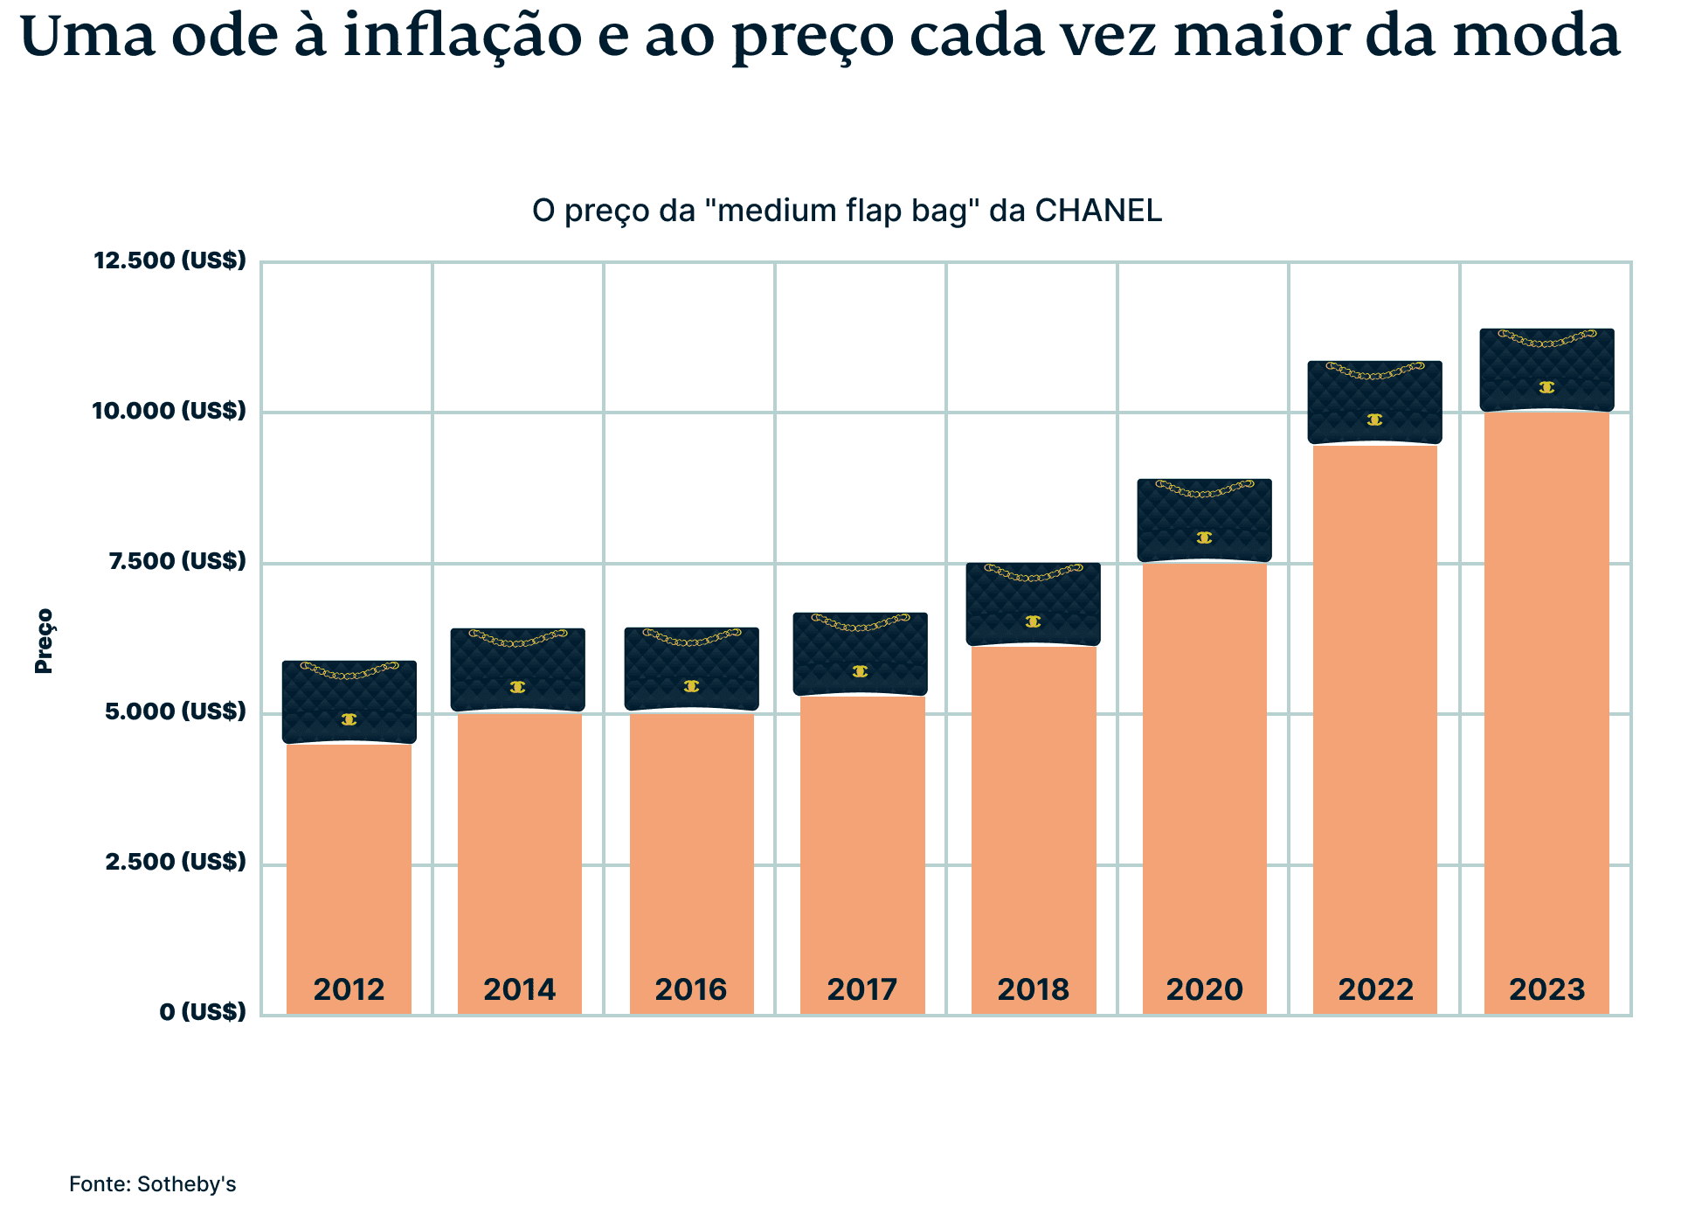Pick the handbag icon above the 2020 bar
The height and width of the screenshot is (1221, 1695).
click(x=1204, y=520)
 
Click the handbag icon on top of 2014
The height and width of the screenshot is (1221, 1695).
click(x=518, y=669)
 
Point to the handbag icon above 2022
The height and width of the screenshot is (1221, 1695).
click(x=1374, y=402)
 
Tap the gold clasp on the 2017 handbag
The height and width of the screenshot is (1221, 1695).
click(x=860, y=671)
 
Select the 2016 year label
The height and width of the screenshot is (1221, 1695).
click(x=690, y=989)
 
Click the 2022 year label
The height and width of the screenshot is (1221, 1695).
click(x=1375, y=989)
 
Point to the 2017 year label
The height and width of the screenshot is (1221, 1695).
click(x=861, y=989)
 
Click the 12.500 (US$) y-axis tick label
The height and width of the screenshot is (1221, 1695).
click(x=170, y=260)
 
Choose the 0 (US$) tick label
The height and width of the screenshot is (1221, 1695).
click(x=203, y=1012)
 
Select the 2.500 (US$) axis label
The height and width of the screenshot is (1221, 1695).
click(x=176, y=862)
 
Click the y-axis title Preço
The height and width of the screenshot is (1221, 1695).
click(x=44, y=641)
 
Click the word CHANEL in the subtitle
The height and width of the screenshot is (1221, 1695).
click(x=1097, y=211)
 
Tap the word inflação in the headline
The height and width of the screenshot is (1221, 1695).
click(x=462, y=37)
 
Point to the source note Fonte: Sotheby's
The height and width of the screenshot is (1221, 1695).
click(x=153, y=1184)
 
